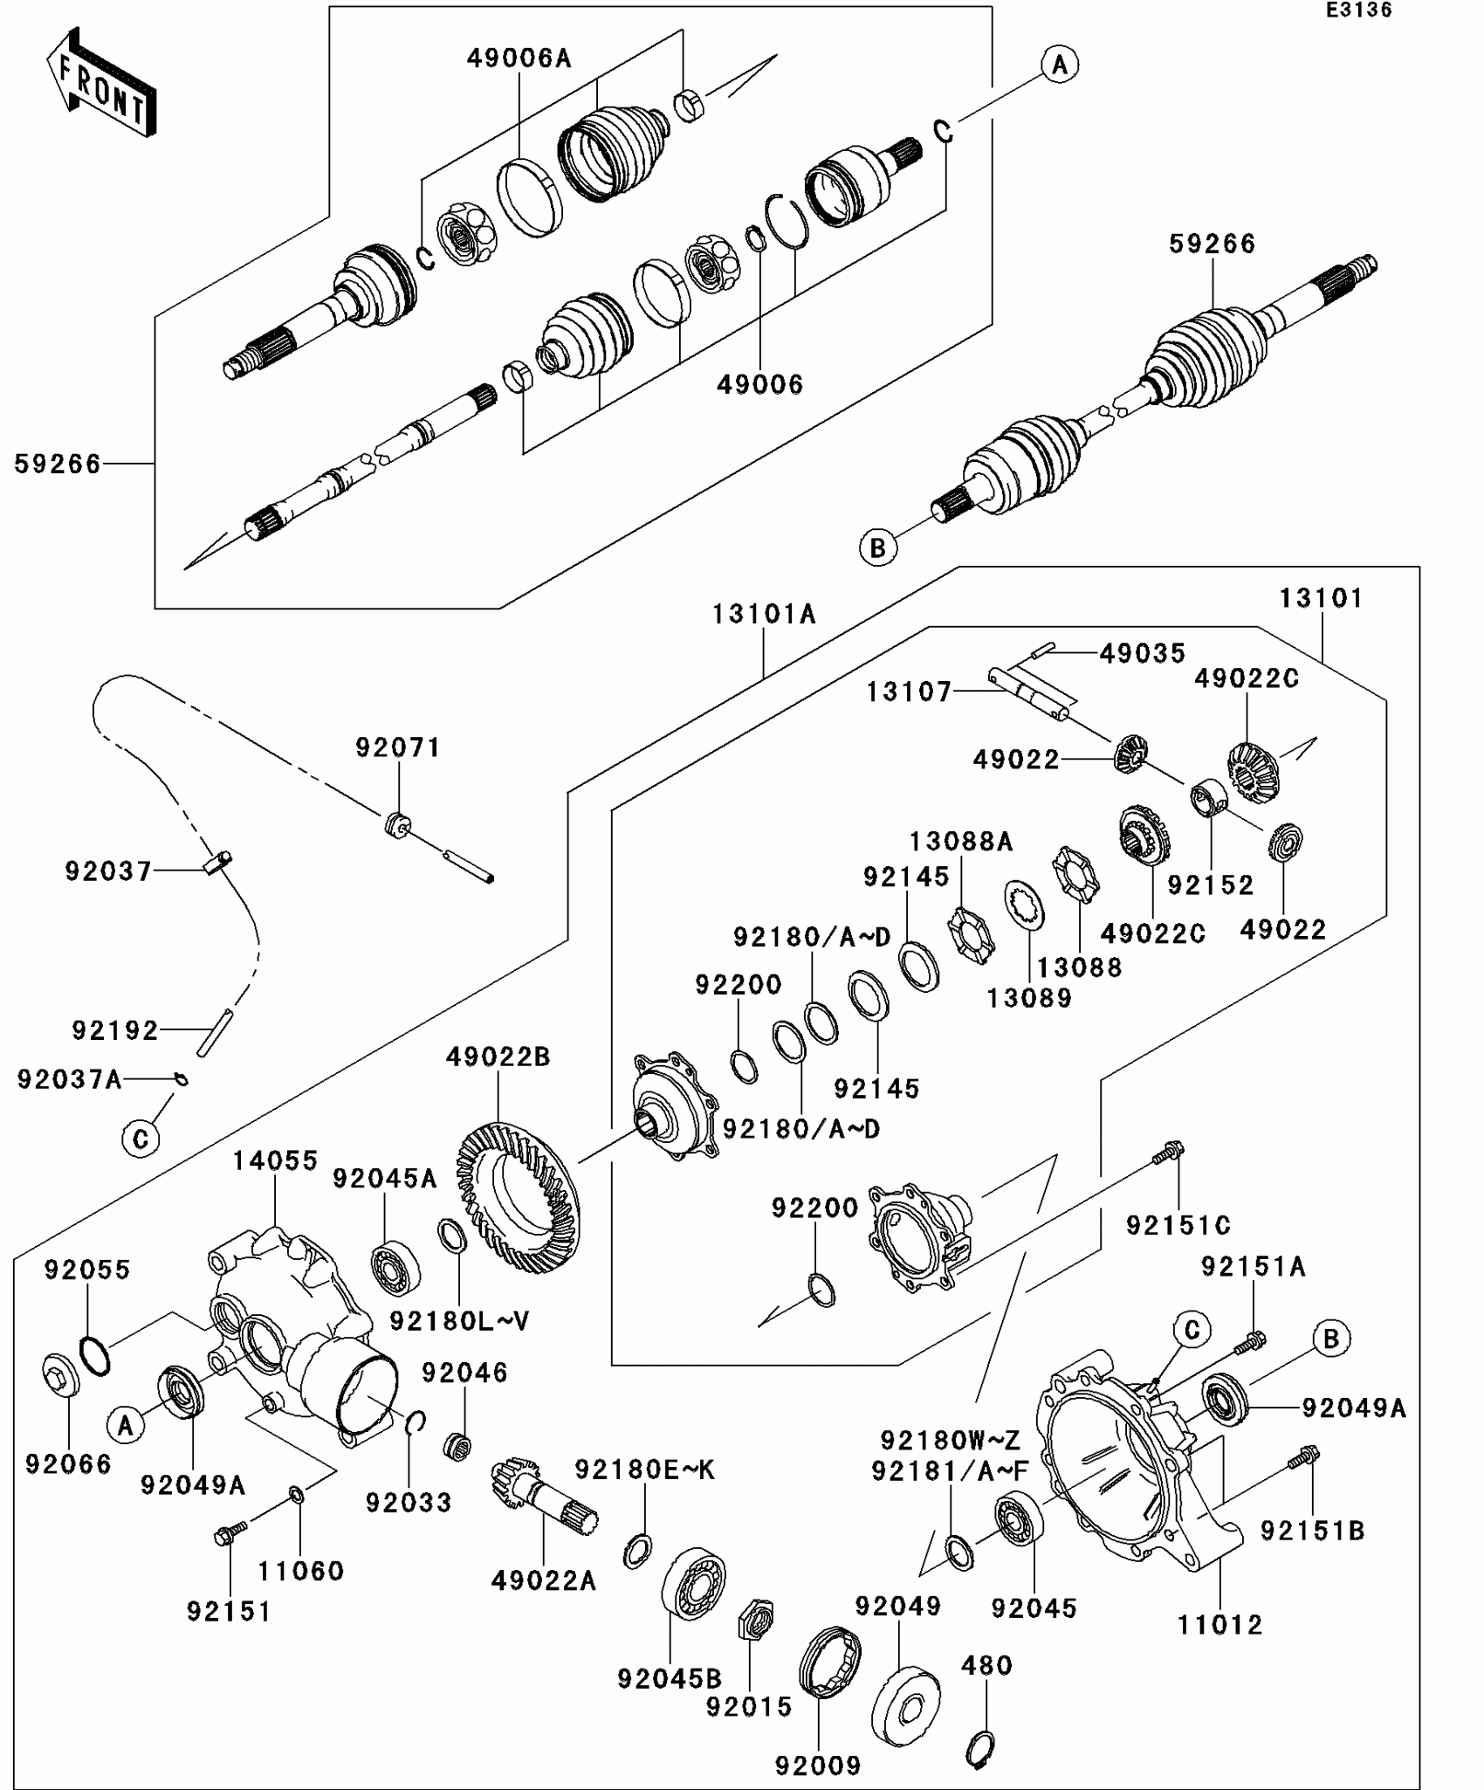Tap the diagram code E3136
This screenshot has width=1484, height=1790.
tap(1358, 10)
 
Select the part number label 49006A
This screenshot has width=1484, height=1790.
tap(519, 59)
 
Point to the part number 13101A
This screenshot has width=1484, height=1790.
tap(764, 615)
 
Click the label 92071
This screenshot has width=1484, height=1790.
tap(398, 747)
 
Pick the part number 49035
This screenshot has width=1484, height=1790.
tap(1142, 653)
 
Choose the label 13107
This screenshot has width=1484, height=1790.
tap(908, 692)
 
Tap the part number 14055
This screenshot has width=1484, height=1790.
tap(275, 1161)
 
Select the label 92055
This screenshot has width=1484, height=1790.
tap(87, 1270)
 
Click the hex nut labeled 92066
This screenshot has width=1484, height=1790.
tap(61, 1376)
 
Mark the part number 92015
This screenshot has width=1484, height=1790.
tap(749, 1706)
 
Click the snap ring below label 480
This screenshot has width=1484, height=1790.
tap(980, 1749)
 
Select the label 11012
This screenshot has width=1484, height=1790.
tap(1219, 1625)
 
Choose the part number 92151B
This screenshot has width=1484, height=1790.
tap(1312, 1531)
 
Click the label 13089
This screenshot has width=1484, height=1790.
tap(1029, 998)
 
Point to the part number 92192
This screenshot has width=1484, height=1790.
tap(115, 1030)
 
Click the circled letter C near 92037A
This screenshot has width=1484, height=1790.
tap(141, 1139)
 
